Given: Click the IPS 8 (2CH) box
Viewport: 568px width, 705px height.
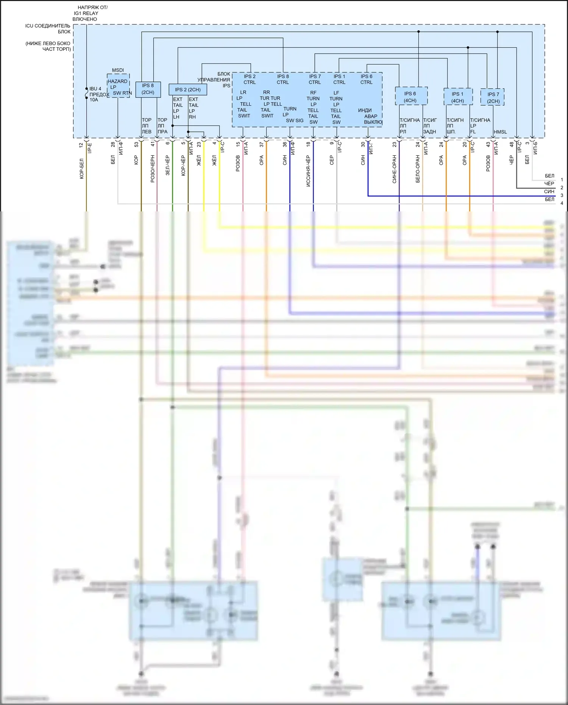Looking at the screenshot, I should [x=148, y=89].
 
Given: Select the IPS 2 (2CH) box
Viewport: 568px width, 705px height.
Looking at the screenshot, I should [x=188, y=89].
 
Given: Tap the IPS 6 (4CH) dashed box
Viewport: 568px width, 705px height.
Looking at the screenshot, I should [x=411, y=96].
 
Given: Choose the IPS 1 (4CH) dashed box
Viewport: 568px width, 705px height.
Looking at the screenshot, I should [x=458, y=97].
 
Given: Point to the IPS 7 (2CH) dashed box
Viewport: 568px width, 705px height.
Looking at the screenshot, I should [x=493, y=97].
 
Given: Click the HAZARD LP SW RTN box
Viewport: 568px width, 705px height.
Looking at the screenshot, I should [x=118, y=86].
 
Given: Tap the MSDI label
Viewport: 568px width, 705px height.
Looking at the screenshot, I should [x=118, y=70].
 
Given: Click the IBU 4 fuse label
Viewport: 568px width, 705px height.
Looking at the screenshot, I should [x=95, y=89].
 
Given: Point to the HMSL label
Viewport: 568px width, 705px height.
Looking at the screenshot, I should [x=500, y=132].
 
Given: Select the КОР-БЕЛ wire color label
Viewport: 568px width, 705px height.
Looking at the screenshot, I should [x=82, y=169].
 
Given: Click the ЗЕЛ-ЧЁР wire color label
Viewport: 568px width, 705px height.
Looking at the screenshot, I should [x=167, y=165].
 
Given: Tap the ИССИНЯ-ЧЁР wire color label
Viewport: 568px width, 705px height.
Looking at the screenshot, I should [x=308, y=171].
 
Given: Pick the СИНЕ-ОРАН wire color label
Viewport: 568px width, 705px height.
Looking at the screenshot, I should [x=394, y=169].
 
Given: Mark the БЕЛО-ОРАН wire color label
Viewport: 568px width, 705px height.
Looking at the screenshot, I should [x=418, y=169].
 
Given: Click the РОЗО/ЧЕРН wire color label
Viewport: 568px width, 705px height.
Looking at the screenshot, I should [x=153, y=169].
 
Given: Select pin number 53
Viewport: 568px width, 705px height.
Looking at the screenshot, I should [x=136, y=144].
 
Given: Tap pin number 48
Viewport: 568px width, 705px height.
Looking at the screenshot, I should [x=512, y=144].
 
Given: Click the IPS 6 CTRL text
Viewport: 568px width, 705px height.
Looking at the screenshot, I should [x=366, y=79].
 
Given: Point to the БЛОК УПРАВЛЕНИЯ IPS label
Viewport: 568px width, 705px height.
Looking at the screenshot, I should [x=215, y=80].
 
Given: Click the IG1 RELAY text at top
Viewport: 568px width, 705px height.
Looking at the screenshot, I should [x=86, y=13].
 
